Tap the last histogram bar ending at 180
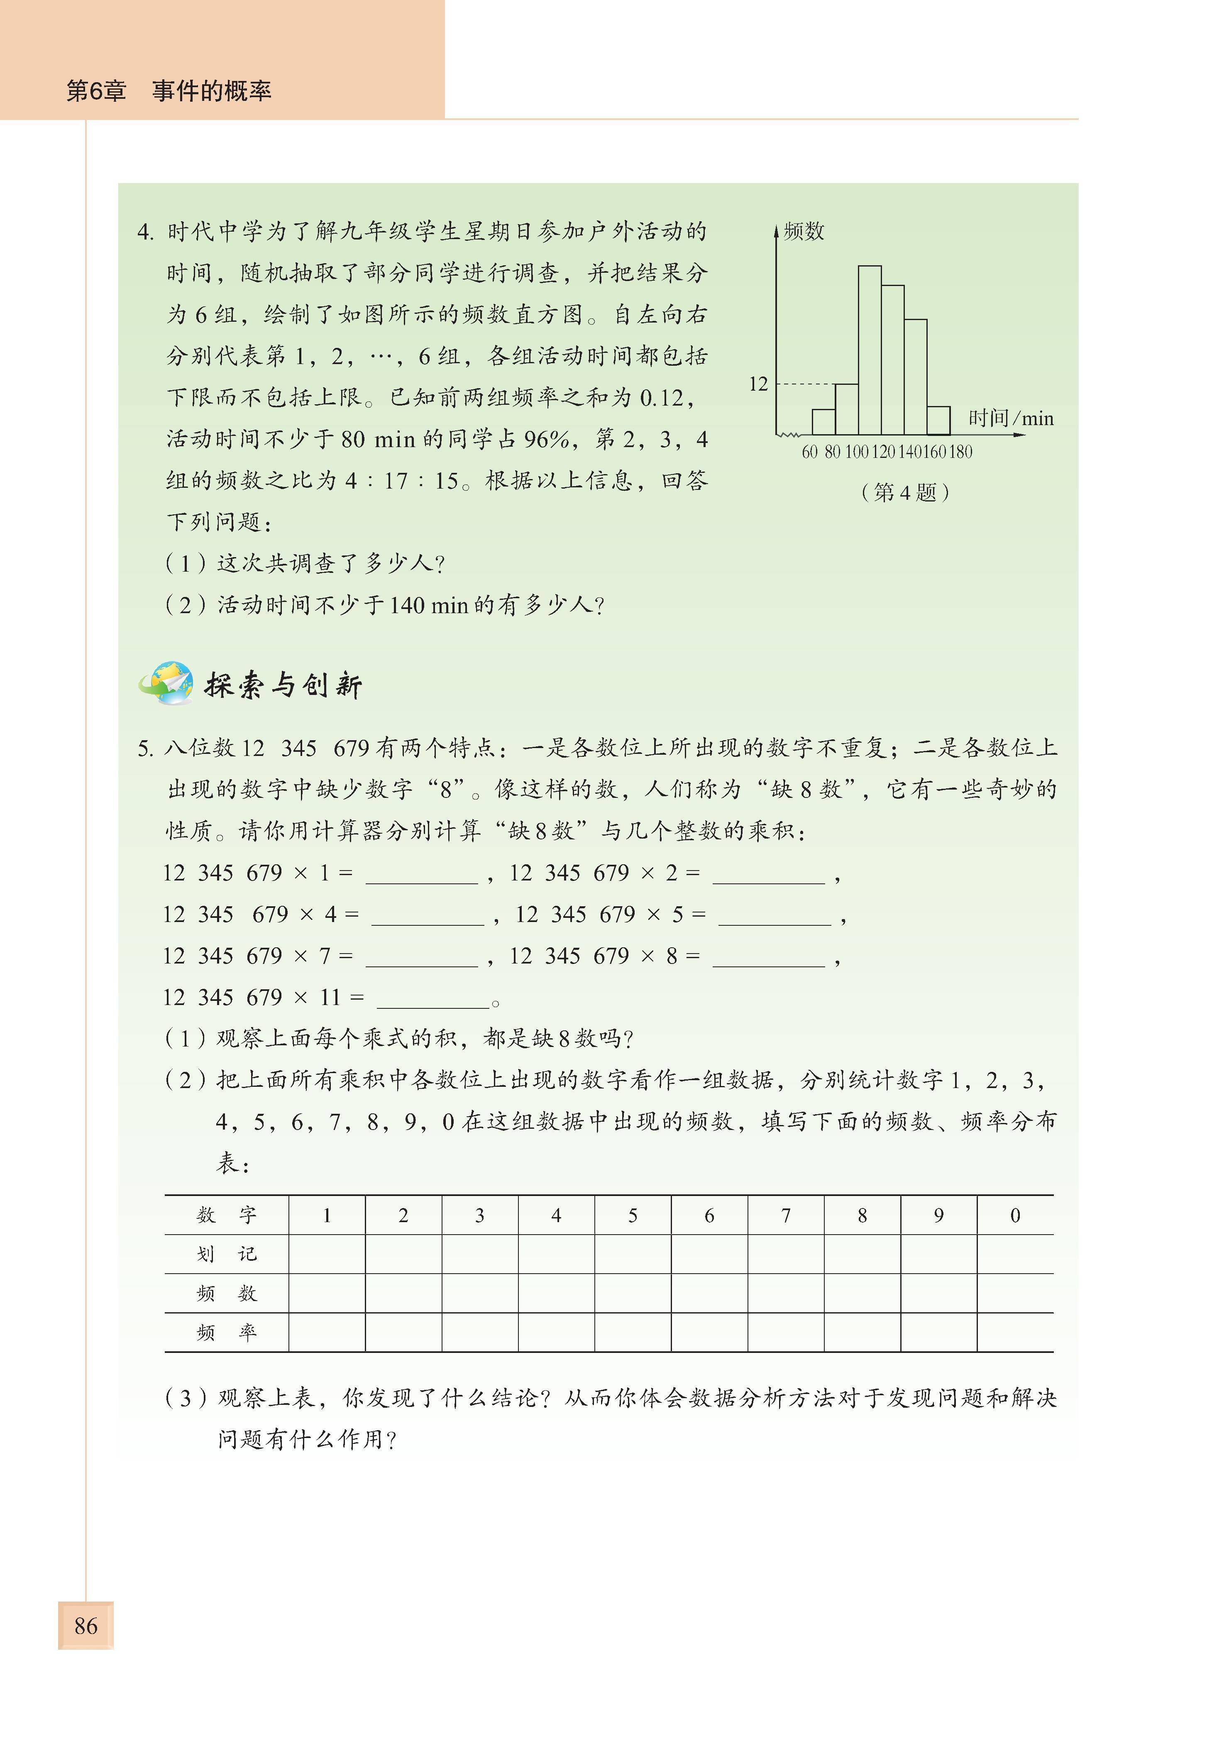pyautogui.click(x=938, y=421)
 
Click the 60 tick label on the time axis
pyautogui.click(x=809, y=452)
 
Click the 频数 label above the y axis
pyautogui.click(x=804, y=231)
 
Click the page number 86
pyautogui.click(x=86, y=1625)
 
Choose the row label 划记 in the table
pyautogui.click(x=226, y=1254)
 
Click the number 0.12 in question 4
pyautogui.click(x=661, y=398)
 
